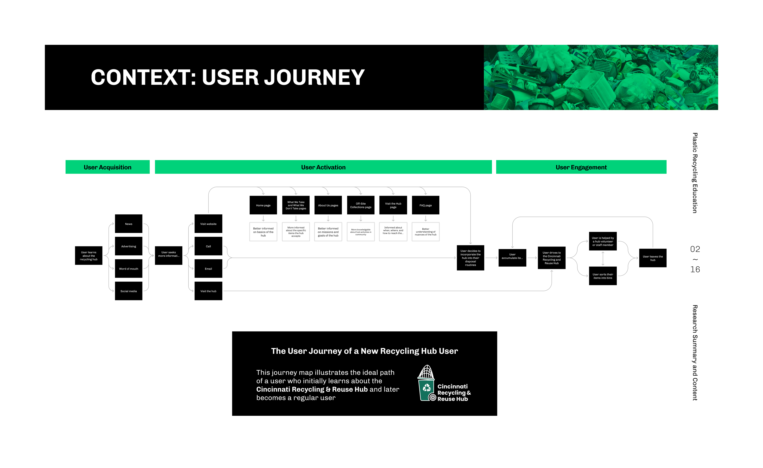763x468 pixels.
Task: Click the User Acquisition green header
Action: pos(107,167)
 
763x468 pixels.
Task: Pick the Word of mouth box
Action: pos(129,269)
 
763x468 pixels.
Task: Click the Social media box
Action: pos(129,291)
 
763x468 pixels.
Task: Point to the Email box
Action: pos(208,269)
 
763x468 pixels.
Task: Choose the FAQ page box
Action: pos(425,205)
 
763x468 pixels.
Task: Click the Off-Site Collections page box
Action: pos(361,205)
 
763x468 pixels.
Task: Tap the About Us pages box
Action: pos(328,205)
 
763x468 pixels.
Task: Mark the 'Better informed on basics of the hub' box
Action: pos(263,232)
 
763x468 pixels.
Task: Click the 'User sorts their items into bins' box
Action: pos(602,276)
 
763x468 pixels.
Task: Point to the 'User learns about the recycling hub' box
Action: pos(89,256)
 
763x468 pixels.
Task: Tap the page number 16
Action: pos(695,269)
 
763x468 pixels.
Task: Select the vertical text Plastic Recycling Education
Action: pos(695,173)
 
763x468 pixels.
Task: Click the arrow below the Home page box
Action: pos(263,219)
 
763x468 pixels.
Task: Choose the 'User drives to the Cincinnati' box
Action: pos(551,258)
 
